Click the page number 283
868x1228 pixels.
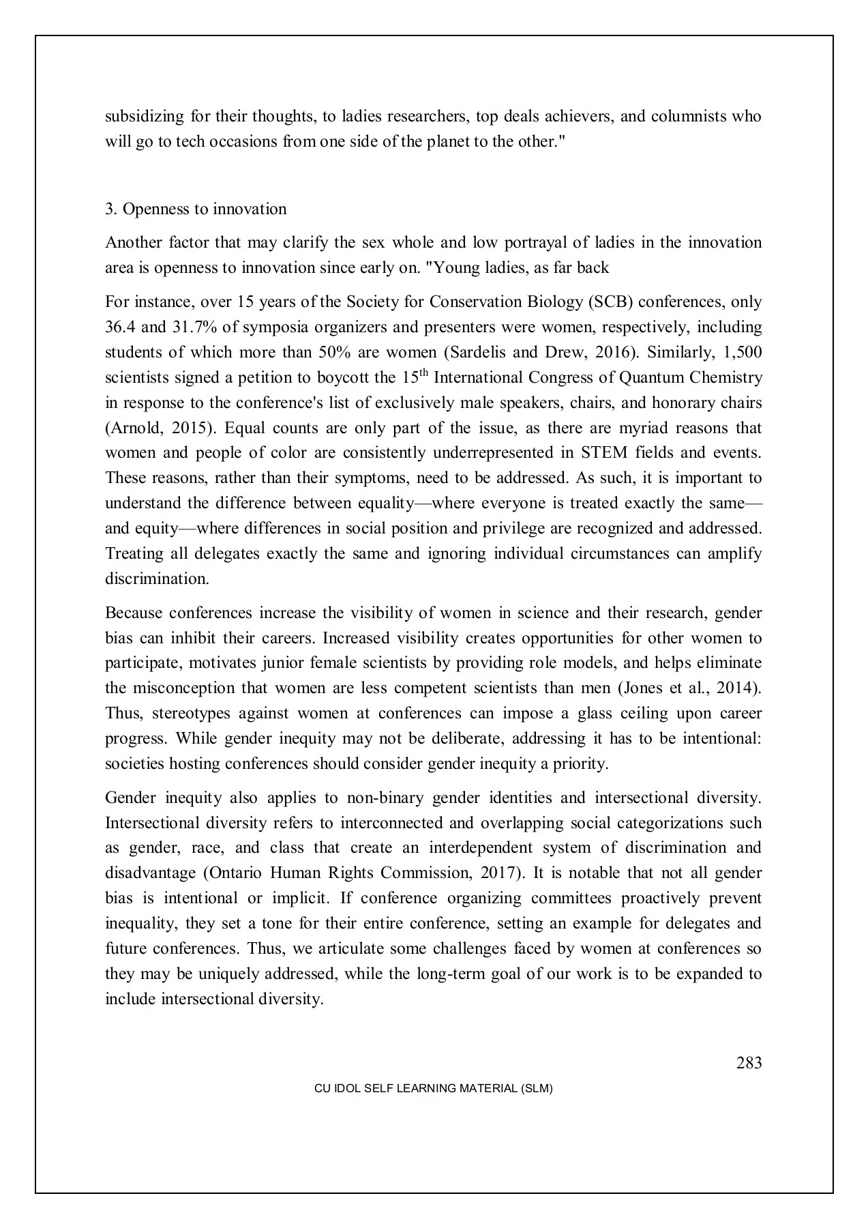(x=749, y=1063)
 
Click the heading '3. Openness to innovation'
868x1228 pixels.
(x=196, y=209)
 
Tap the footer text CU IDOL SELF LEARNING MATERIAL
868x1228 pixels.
(x=433, y=1089)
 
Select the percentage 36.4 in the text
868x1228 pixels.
(x=120, y=327)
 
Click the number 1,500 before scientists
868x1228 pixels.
(x=741, y=352)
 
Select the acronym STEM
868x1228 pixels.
(x=600, y=453)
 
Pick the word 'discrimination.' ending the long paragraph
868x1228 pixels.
(x=157, y=579)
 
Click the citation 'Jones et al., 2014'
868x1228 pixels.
(x=689, y=688)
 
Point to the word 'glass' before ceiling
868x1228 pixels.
(x=594, y=713)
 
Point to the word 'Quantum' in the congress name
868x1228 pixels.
(x=651, y=377)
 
